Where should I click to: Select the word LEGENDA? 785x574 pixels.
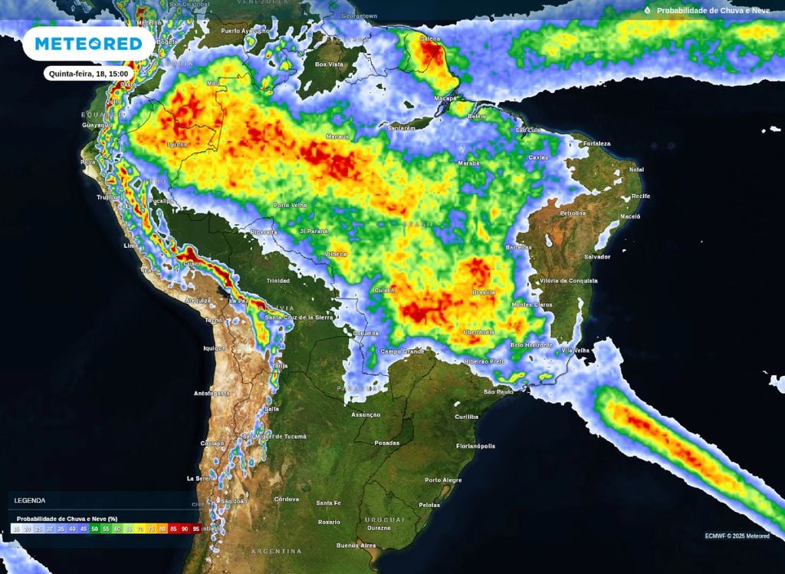pos(30,500)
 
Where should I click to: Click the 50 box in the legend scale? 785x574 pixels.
pos(94,529)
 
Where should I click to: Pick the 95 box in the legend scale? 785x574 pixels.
pos(196,529)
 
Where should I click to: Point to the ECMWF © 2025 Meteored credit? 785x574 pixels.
pos(737,536)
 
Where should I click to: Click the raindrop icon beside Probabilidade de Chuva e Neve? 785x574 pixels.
pos(647,11)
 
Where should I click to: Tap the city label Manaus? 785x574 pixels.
pos(337,137)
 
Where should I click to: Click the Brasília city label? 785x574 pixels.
pos(484,292)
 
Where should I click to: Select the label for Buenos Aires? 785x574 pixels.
pos(356,546)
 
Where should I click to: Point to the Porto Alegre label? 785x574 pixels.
pos(444,480)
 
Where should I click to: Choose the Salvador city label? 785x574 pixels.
pos(597,256)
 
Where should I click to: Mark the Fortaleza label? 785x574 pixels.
pos(596,143)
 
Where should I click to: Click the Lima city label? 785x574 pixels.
pos(131,246)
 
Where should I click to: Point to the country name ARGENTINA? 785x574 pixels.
pos(276,551)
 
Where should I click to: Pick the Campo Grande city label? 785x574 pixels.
pos(402,351)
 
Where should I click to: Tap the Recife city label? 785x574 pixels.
pos(640,196)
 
